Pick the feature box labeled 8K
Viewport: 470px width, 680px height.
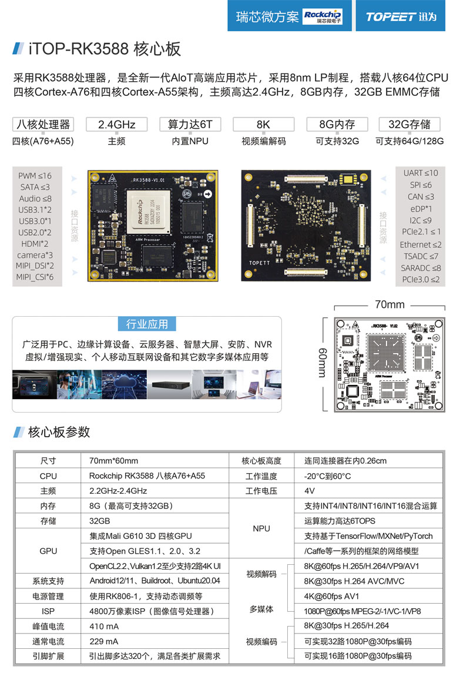(x=263, y=125)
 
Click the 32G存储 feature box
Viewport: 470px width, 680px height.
(x=409, y=125)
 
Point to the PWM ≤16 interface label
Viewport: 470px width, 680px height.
(x=35, y=176)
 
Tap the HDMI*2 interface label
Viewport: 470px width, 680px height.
(x=35, y=243)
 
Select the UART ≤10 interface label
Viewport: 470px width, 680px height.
(x=420, y=173)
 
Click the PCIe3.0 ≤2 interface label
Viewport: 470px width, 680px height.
(x=420, y=280)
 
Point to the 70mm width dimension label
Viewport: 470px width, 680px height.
(x=390, y=304)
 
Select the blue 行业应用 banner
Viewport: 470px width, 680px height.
(x=147, y=324)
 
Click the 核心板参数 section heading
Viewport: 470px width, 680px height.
(x=59, y=432)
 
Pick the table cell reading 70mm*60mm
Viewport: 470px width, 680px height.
(x=113, y=461)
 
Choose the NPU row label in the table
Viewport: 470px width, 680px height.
(x=261, y=528)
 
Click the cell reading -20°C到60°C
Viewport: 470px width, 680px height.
(x=327, y=476)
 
